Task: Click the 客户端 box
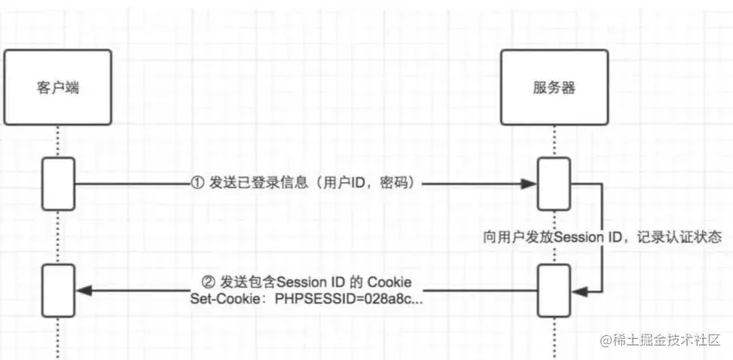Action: [57, 88]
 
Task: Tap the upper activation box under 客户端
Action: [58, 184]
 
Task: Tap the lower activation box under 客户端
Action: [58, 290]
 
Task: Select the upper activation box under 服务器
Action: [552, 184]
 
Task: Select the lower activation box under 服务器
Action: [552, 290]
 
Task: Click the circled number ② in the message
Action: [209, 282]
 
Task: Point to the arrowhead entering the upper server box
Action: [530, 185]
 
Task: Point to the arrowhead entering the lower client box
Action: [81, 290]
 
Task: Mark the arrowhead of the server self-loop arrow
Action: [576, 290]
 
